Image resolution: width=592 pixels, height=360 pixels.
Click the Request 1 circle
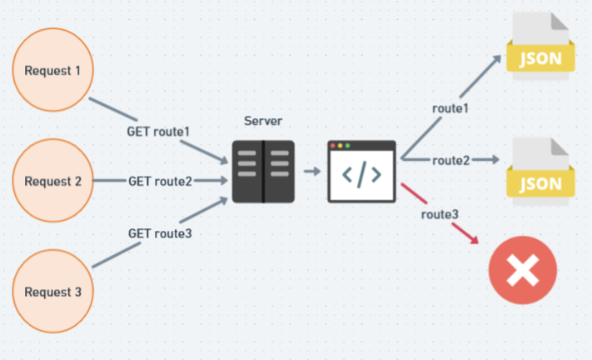click(52, 70)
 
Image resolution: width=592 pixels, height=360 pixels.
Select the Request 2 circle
click(52, 181)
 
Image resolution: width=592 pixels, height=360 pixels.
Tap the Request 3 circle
click(52, 291)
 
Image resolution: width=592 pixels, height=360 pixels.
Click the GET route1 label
click(158, 132)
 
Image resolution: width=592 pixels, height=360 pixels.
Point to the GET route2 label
click(160, 182)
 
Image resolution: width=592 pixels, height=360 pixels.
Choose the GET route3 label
click(160, 233)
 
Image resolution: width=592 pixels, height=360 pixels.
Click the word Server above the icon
click(263, 121)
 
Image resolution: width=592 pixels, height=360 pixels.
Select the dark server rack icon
click(263, 172)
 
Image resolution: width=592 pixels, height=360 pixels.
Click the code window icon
click(361, 172)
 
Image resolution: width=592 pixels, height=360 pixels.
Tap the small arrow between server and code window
click(312, 172)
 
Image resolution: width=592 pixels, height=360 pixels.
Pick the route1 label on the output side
click(450, 108)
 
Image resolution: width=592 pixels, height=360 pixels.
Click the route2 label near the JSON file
click(450, 161)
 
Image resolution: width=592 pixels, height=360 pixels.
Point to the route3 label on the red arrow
click(440, 214)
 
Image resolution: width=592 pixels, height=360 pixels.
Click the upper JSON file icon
click(540, 46)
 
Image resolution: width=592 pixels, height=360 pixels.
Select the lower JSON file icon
click(540, 172)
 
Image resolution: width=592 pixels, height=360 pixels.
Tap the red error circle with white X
click(523, 270)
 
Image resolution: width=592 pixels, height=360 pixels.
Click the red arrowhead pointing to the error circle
click(474, 239)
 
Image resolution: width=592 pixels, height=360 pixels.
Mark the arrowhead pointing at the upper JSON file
click(496, 60)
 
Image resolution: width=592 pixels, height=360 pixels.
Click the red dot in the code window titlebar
click(332, 146)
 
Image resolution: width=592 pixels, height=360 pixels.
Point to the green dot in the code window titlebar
click(348, 146)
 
